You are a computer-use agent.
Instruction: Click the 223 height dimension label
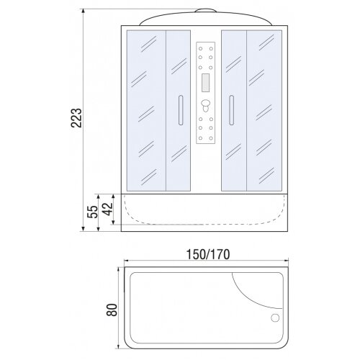pos(76,117)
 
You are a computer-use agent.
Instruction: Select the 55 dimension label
pos(93,212)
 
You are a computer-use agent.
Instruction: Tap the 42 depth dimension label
pos(107,209)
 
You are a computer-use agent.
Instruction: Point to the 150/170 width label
pos(208,254)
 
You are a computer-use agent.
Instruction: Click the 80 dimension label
pos(112,310)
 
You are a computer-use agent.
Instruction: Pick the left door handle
pos(181,110)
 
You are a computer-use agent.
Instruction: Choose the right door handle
pos(231,110)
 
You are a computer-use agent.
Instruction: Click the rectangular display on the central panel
pos(206,83)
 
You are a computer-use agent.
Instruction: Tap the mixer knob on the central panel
pos(206,106)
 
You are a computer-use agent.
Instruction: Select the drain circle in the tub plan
pos(275,318)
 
